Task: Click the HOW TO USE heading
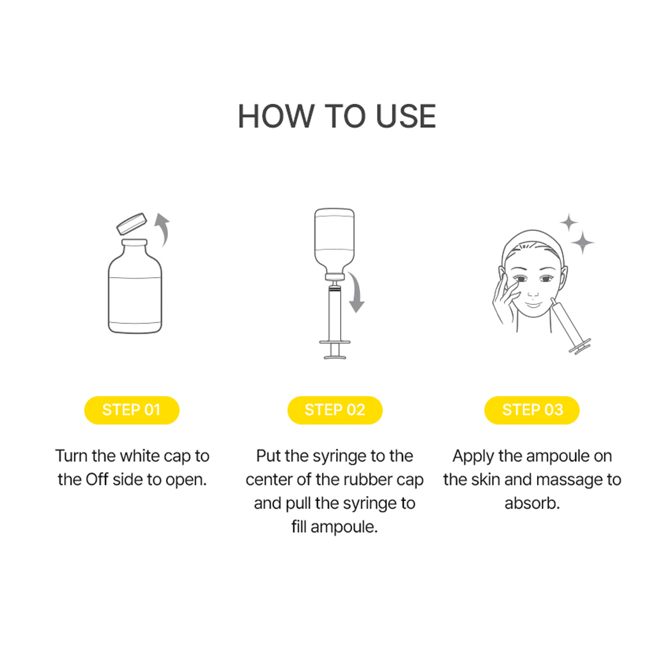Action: click(337, 116)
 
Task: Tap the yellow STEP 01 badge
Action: click(132, 410)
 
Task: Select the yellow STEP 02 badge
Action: click(335, 410)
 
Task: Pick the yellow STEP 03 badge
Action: click(532, 410)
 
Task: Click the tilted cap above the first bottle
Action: click(132, 224)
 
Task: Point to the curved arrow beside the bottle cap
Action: click(163, 229)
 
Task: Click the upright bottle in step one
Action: click(134, 286)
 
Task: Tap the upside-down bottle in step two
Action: click(335, 243)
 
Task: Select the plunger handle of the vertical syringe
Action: click(335, 350)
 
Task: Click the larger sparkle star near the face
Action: click(583, 242)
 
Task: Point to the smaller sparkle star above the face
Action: click(569, 223)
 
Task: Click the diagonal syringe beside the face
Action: click(571, 326)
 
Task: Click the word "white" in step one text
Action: click(137, 456)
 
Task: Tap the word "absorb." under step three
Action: click(532, 503)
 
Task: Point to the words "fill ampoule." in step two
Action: click(335, 527)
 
